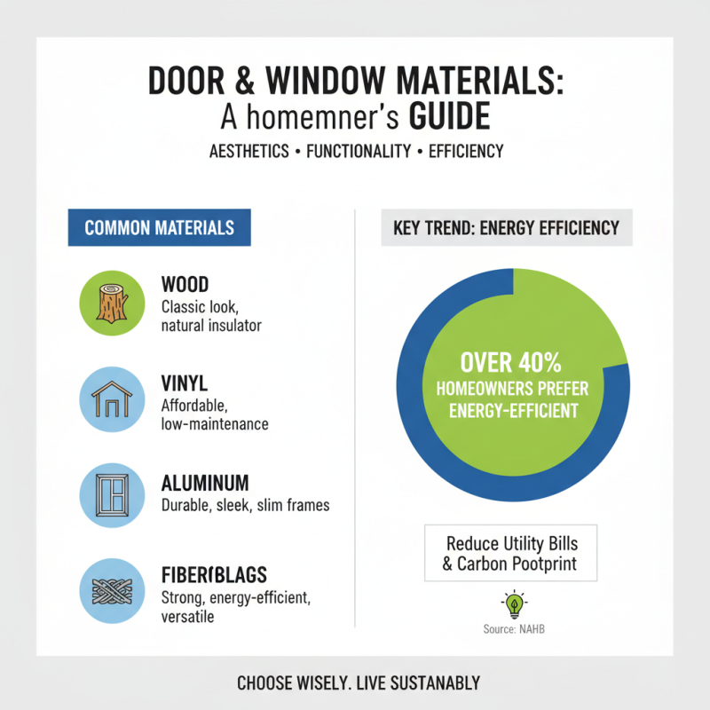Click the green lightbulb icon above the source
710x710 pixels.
pyautogui.click(x=513, y=605)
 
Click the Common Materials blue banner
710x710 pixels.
pyautogui.click(x=160, y=228)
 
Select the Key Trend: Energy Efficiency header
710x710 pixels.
pyautogui.click(x=506, y=228)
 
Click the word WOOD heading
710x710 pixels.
pyautogui.click(x=185, y=286)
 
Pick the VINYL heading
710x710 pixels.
pyautogui.click(x=184, y=384)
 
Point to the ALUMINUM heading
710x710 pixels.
pyautogui.click(x=205, y=484)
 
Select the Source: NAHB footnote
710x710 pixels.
pyautogui.click(x=513, y=628)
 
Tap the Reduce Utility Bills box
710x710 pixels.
pyautogui.click(x=512, y=553)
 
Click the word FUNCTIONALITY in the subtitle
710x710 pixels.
pyautogui.click(x=358, y=152)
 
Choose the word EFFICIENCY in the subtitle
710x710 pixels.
pyautogui.click(x=466, y=152)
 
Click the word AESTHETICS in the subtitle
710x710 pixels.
pyautogui.click(x=249, y=152)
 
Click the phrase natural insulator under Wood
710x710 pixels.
pyautogui.click(x=211, y=326)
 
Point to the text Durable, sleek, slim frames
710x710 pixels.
pyautogui.click(x=245, y=505)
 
